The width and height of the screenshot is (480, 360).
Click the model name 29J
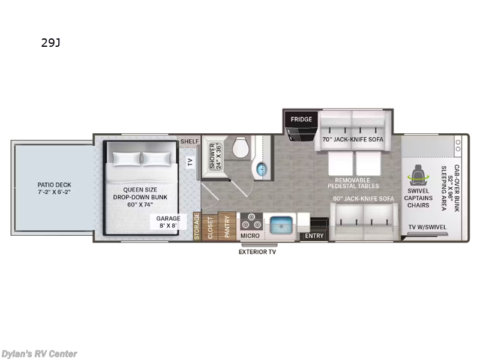(50, 43)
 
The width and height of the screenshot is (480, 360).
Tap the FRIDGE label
(301, 119)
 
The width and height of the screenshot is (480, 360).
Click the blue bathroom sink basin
(261, 169)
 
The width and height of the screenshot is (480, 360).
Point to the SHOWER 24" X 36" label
(215, 156)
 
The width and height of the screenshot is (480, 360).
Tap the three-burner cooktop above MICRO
(251, 221)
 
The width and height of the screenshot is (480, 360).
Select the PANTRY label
(227, 227)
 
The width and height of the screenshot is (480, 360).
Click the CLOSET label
(210, 228)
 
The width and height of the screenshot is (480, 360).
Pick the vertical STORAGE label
(197, 227)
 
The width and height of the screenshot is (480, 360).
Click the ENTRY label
(314, 236)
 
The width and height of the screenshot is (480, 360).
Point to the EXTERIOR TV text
(257, 252)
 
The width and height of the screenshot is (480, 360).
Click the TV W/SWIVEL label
(427, 227)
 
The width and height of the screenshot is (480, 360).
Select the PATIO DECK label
(54, 188)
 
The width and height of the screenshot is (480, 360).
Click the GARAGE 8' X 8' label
(168, 222)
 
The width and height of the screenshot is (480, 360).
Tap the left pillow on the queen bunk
(127, 158)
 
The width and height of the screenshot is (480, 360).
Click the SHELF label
(190, 142)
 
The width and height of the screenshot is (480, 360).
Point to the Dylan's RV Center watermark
(39, 354)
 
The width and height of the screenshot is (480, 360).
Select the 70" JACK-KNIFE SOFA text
(353, 139)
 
